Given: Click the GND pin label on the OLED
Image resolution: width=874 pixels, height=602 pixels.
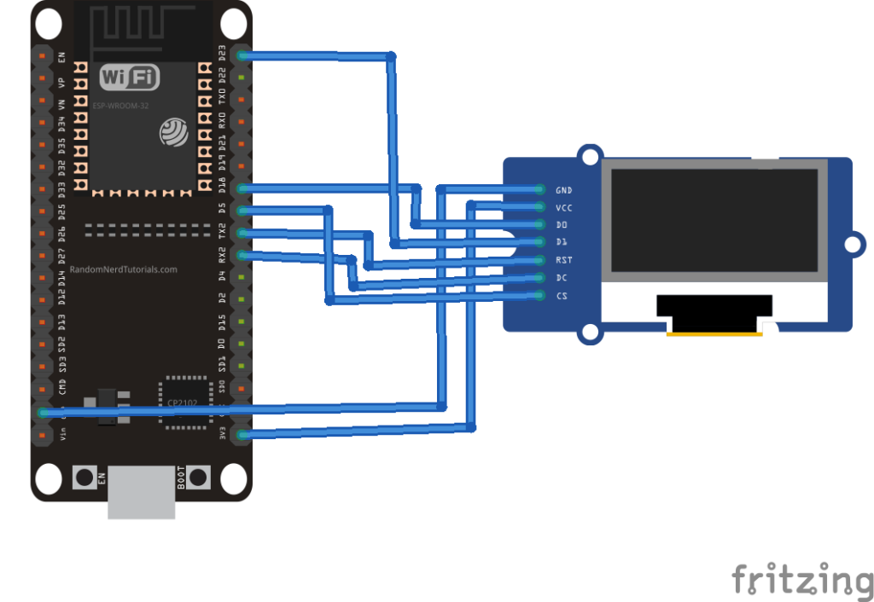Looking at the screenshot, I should click(x=563, y=189).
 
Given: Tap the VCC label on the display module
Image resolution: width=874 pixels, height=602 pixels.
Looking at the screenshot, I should click(x=563, y=207).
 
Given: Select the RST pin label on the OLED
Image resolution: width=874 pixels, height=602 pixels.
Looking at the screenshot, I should click(x=563, y=260).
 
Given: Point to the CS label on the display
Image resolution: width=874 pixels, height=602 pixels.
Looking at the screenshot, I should click(x=562, y=296).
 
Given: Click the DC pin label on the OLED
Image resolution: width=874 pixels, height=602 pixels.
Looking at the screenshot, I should click(x=562, y=278).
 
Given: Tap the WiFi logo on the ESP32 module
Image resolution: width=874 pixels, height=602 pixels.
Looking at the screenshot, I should click(x=130, y=78).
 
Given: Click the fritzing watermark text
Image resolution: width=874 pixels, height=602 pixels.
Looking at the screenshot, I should click(x=802, y=580).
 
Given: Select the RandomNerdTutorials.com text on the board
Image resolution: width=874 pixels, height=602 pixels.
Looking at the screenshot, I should click(x=123, y=269).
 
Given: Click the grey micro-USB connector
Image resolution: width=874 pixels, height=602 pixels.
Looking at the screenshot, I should click(x=142, y=492).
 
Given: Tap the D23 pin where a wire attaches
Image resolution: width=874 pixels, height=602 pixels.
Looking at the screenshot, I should click(x=242, y=55).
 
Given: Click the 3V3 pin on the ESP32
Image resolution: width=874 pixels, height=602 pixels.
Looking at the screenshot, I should click(x=242, y=435).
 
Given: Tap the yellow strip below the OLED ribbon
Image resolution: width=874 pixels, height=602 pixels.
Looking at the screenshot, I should click(x=714, y=335).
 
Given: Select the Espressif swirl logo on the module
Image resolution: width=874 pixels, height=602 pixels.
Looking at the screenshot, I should click(x=173, y=131).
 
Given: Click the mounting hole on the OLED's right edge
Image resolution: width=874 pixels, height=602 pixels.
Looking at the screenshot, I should click(x=851, y=245).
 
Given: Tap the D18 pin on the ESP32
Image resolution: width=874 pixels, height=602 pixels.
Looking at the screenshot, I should click(x=242, y=188).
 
